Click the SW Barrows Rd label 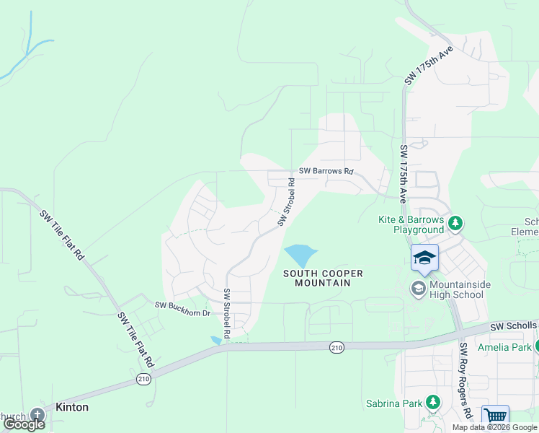tap(326, 172)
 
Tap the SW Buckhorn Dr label tap(182, 305)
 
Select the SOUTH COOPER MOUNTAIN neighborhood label tap(323, 278)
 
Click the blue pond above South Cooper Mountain tap(300, 255)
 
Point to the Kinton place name tap(71, 407)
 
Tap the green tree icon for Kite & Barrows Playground tap(455, 224)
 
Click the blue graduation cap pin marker tap(424, 258)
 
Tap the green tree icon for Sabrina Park tap(432, 402)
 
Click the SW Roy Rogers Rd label tap(465, 380)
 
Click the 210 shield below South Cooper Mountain tap(337, 348)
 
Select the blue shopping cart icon tap(495, 416)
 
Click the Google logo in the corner tap(24, 424)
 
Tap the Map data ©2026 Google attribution tap(494, 427)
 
